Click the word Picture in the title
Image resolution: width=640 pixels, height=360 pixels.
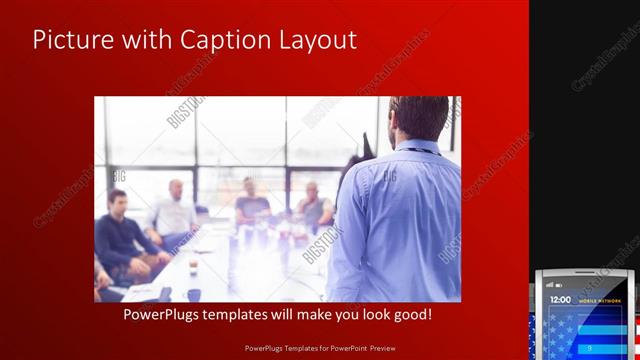71,40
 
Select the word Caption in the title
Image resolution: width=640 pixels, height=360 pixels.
215,40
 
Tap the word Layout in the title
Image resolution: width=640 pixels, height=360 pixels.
319,40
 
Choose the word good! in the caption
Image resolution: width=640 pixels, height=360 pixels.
411,314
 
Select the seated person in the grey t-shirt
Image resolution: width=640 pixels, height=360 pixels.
251,205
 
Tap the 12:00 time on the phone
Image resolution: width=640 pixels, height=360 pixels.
561,300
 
